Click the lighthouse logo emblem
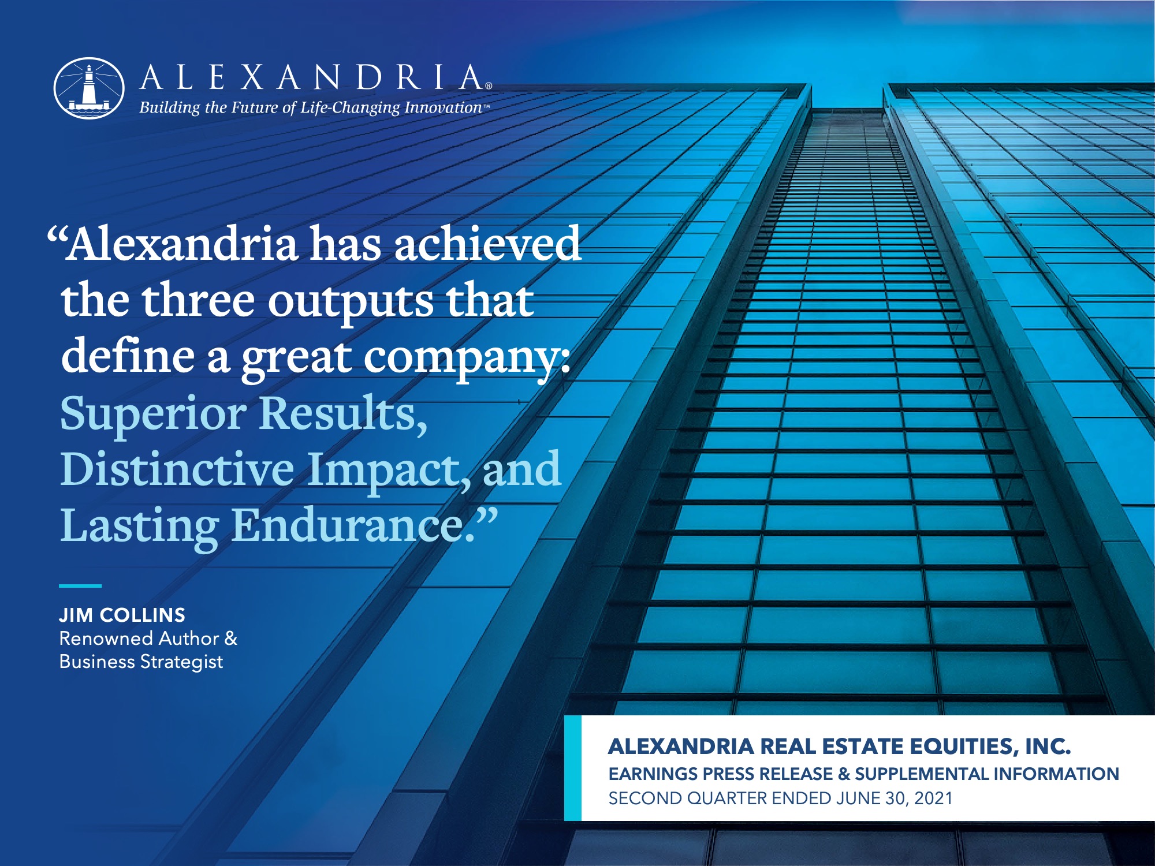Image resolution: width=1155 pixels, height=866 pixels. pos(89,88)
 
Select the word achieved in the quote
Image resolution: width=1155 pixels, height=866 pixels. pos(487,244)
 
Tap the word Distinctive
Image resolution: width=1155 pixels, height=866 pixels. pos(177,469)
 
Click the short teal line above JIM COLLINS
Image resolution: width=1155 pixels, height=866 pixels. pos(80,585)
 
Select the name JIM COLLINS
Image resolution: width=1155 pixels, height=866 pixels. pos(122,615)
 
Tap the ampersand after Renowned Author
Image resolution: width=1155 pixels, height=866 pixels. pos(231,639)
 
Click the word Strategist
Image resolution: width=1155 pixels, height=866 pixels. pos(181,662)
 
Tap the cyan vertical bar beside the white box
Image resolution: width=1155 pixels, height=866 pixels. pos(572,768)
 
